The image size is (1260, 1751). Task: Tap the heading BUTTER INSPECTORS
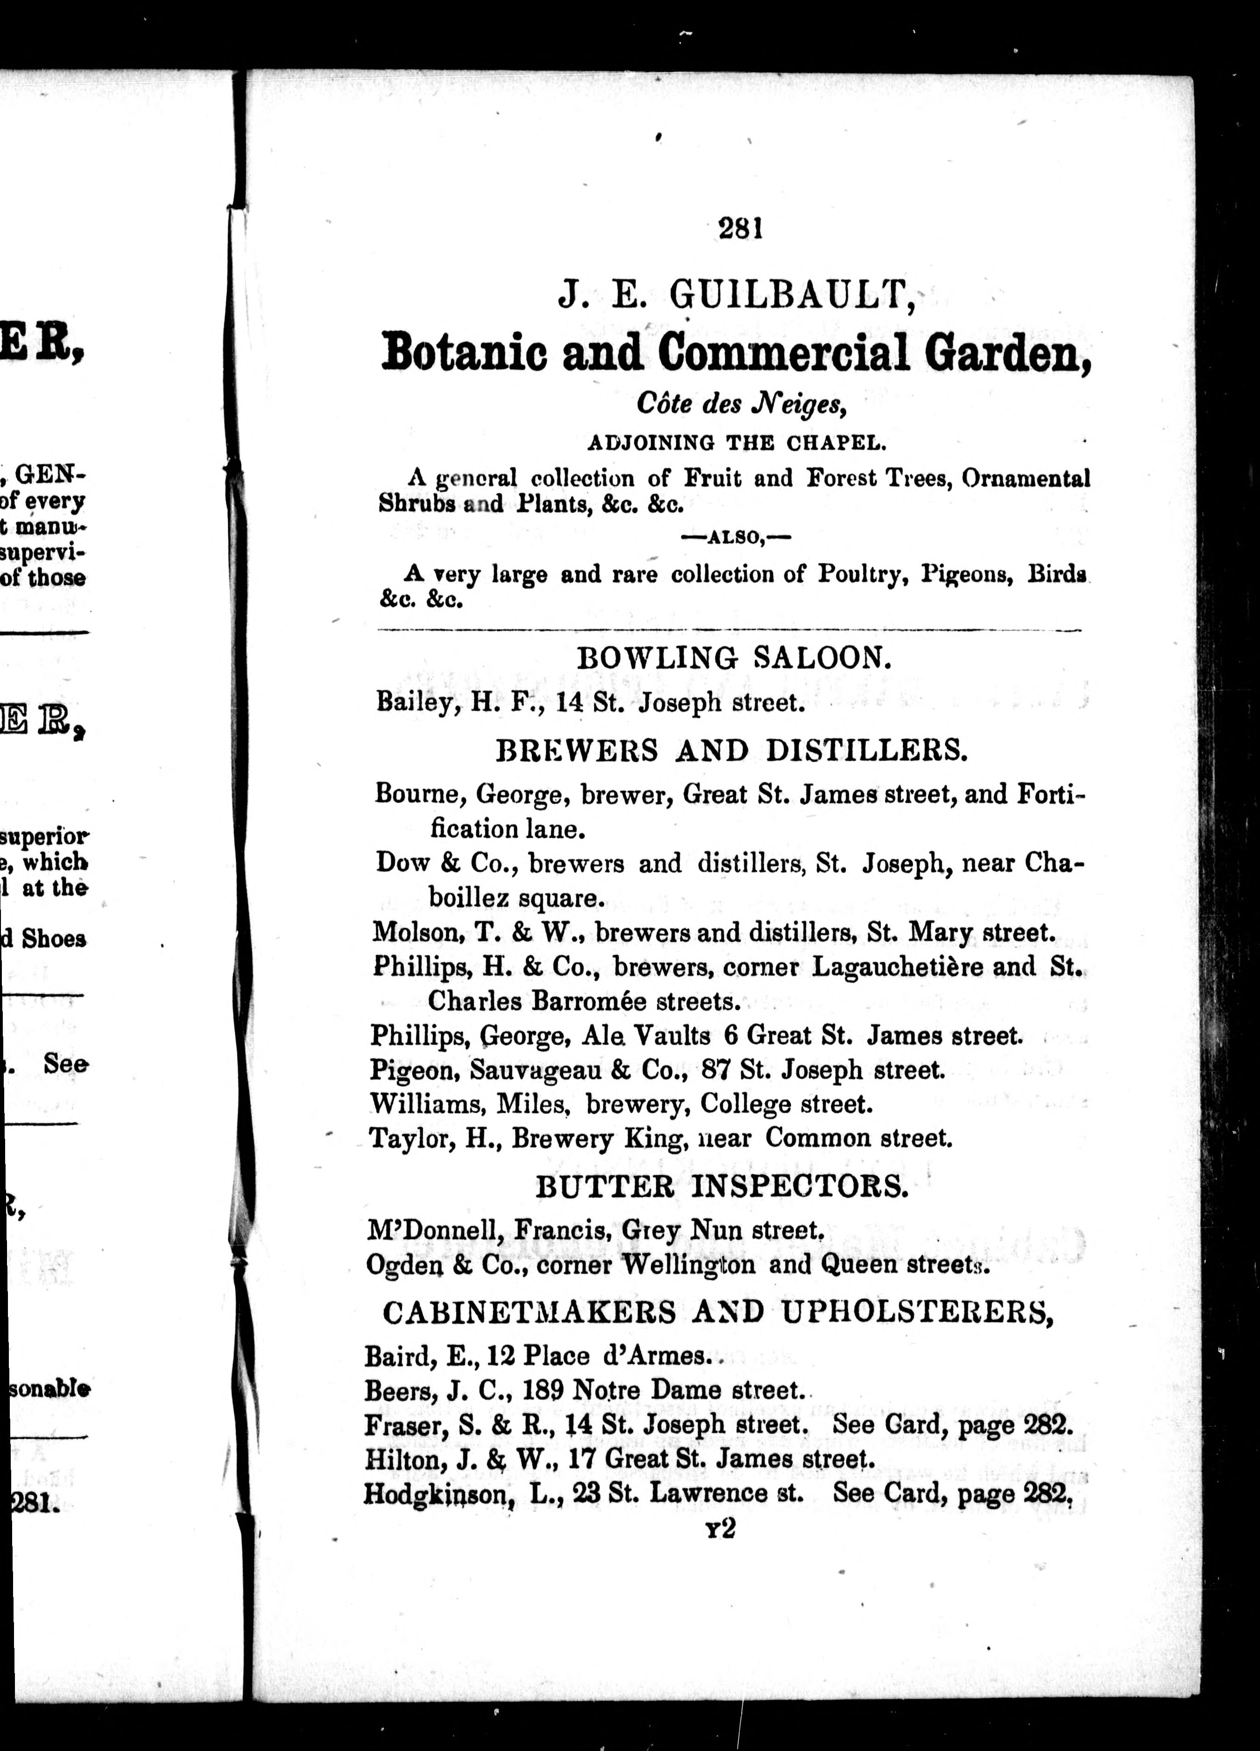point(722,1187)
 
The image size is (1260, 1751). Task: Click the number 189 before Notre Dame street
point(544,1390)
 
